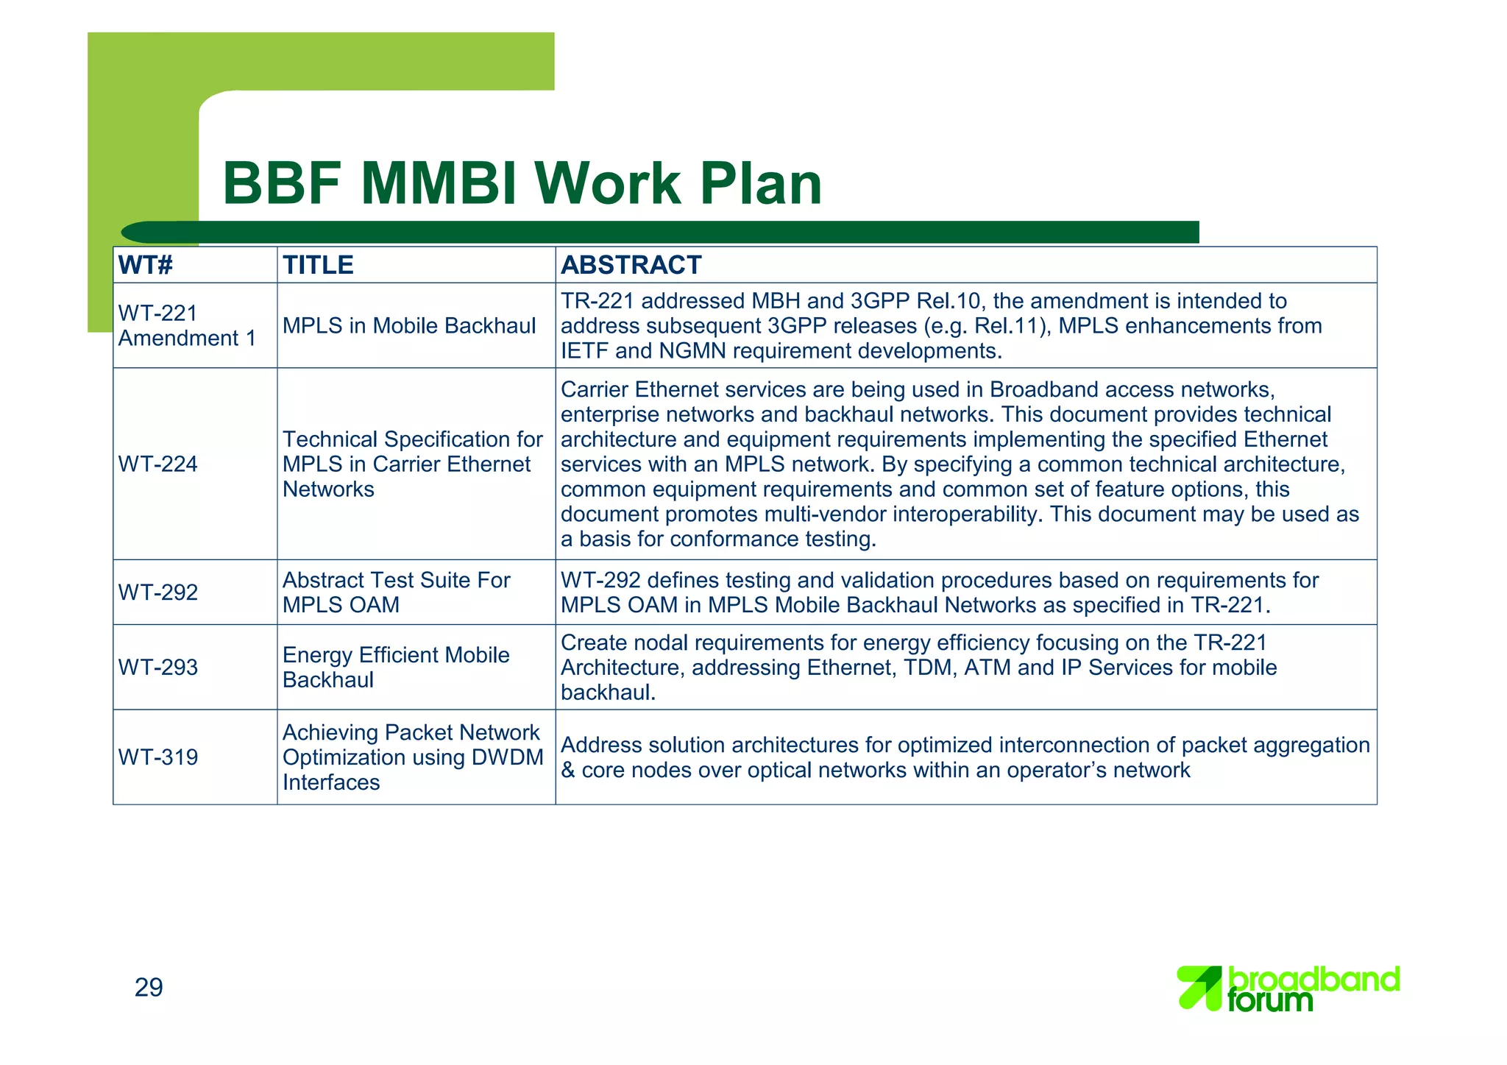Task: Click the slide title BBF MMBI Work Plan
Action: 522,183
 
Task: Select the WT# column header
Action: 146,265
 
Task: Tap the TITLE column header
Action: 318,265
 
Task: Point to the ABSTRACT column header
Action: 631,265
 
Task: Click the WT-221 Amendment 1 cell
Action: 187,325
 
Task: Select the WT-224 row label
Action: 158,464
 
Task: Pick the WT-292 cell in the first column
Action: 158,592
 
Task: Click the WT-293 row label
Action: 158,668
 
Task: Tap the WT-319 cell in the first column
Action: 158,757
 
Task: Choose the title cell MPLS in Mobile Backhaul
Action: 409,326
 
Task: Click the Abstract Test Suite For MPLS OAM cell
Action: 396,592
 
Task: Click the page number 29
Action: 149,988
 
